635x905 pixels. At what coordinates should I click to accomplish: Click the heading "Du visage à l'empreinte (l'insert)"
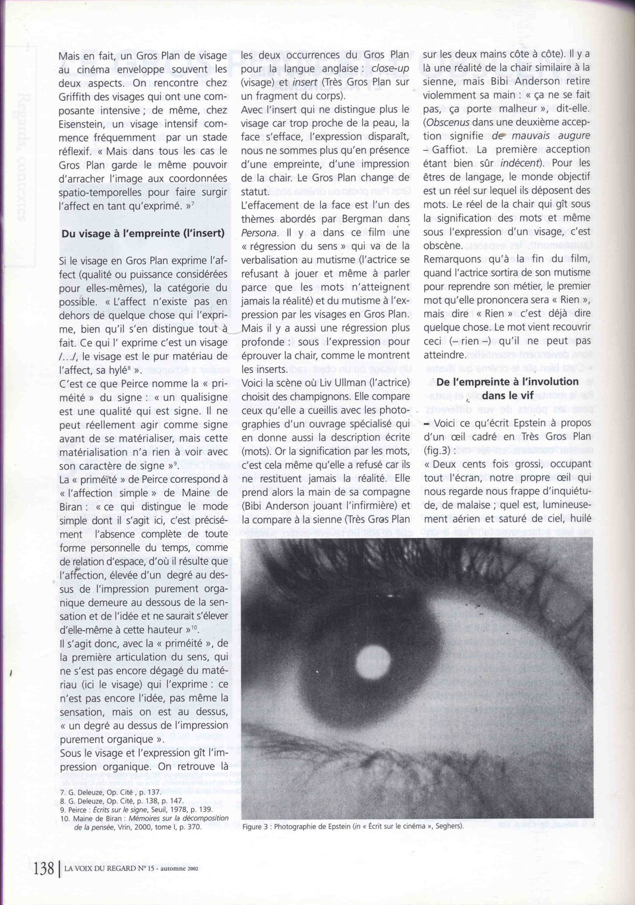143,233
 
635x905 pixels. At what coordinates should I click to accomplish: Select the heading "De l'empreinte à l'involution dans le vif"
507,388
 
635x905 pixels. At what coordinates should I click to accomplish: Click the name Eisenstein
83,124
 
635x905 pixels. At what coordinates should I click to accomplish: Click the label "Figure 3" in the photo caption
256,826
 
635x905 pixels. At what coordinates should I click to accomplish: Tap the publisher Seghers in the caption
448,826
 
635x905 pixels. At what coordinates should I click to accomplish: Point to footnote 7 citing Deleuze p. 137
110,793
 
